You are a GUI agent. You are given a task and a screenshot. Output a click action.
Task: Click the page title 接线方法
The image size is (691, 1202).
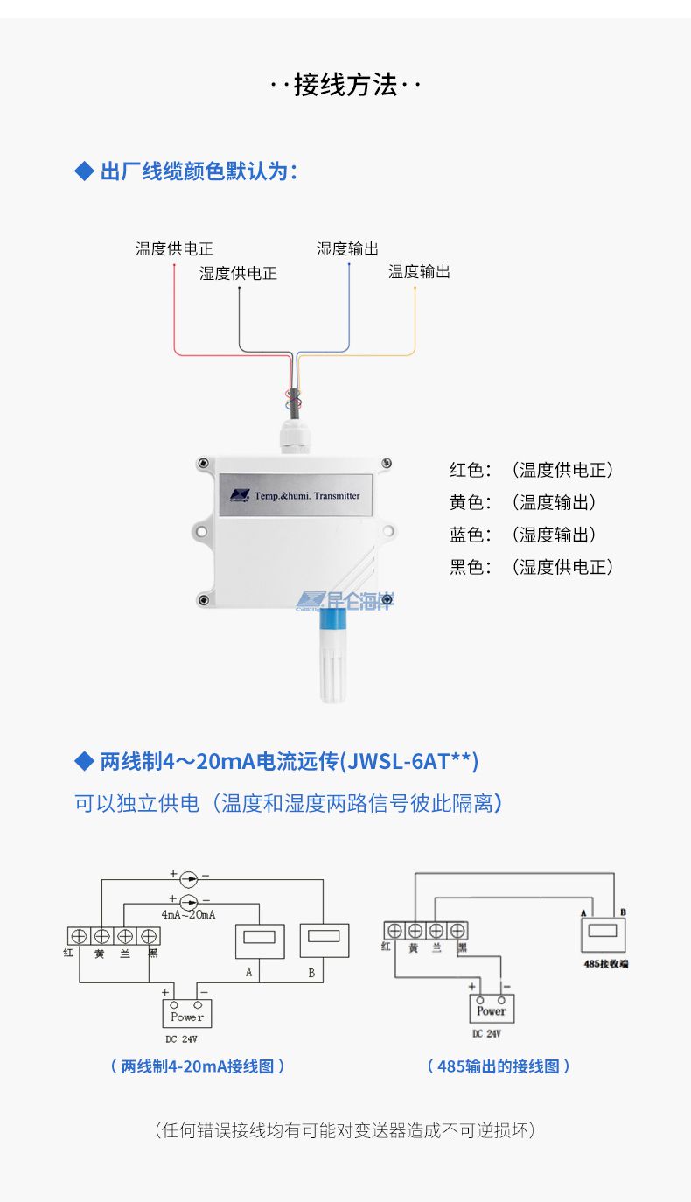click(x=345, y=85)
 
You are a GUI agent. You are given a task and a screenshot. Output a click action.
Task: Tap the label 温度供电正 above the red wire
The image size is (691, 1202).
click(x=174, y=249)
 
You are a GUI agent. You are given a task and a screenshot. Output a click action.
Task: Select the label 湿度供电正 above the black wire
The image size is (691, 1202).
click(x=238, y=274)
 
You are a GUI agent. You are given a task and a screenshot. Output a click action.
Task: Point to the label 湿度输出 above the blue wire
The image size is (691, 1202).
click(x=347, y=249)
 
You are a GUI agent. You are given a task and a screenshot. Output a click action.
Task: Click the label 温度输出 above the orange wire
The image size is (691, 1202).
click(x=419, y=272)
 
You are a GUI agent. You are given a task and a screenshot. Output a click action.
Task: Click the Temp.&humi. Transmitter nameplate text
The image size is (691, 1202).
click(x=312, y=495)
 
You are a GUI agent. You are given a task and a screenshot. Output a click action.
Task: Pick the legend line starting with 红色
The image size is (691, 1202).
click(x=531, y=470)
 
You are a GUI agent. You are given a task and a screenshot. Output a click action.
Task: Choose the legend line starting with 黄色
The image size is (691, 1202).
click(x=522, y=502)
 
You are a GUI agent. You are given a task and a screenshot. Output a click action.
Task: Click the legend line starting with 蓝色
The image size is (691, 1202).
click(x=522, y=535)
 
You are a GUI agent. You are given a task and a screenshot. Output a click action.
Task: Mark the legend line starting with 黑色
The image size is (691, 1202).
click(x=531, y=567)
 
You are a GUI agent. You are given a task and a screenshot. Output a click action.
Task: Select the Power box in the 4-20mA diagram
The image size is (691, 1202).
click(x=186, y=1013)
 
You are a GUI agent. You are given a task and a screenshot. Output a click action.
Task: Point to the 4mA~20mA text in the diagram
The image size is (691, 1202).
click(x=188, y=914)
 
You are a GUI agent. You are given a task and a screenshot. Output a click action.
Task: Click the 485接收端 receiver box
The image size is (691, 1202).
click(x=603, y=933)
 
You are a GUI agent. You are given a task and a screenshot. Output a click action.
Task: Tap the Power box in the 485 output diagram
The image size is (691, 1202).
click(x=492, y=1009)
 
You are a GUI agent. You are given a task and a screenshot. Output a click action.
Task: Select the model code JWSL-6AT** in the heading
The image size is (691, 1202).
click(x=409, y=761)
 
